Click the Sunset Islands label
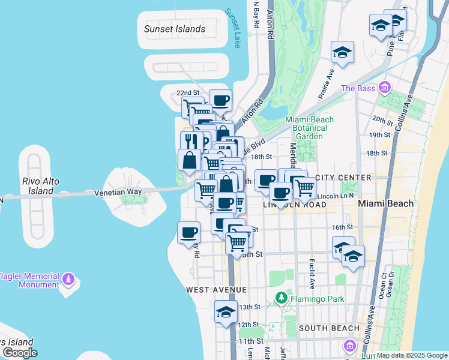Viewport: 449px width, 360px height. (175, 29)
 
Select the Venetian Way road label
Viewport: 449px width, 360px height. (118, 192)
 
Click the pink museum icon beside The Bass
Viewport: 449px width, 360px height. (385, 89)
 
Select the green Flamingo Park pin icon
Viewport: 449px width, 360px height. (281, 298)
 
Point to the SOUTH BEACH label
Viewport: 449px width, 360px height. (329, 328)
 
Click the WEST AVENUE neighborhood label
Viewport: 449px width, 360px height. (216, 290)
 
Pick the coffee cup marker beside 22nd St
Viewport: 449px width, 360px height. (220, 100)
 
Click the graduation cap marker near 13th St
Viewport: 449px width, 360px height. (226, 312)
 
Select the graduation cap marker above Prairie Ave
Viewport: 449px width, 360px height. (342, 52)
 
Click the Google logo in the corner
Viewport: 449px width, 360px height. (20, 353)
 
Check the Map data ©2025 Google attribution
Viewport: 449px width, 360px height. (411, 355)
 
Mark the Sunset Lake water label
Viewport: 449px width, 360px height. (232, 28)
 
